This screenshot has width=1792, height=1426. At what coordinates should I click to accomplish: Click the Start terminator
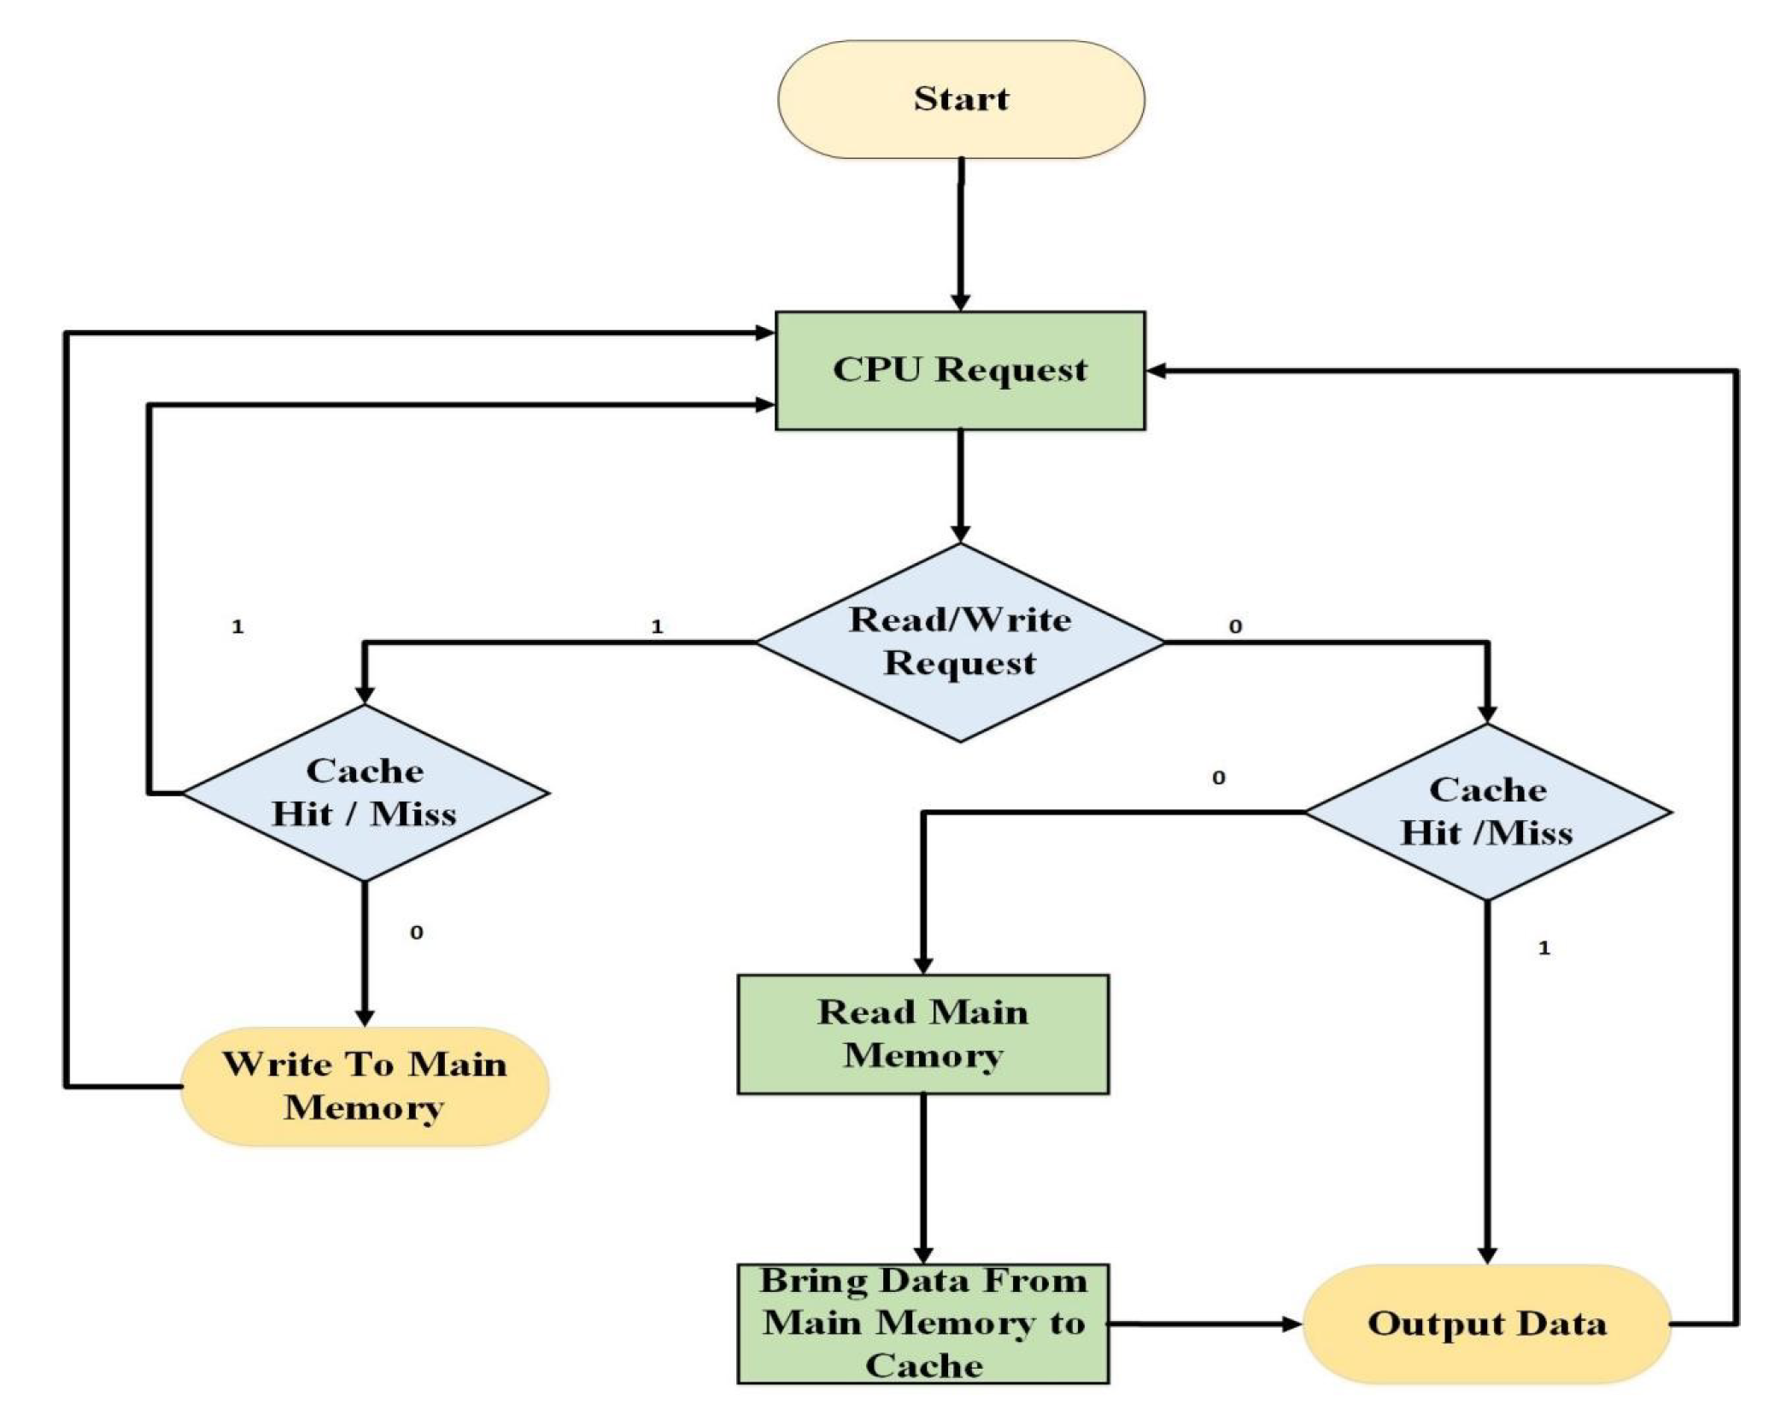(x=960, y=99)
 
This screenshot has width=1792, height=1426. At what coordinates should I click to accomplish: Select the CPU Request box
(x=960, y=370)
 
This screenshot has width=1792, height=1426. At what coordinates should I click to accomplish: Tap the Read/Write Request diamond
(x=960, y=642)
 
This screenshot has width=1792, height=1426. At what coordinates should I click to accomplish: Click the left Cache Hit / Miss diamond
(x=365, y=793)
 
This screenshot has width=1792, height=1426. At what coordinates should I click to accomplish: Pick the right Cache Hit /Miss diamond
(x=1487, y=812)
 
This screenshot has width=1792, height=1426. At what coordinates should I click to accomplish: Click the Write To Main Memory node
(x=365, y=1086)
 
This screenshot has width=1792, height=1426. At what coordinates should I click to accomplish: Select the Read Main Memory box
(x=923, y=1034)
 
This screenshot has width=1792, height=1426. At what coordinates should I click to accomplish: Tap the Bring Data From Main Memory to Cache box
(x=923, y=1323)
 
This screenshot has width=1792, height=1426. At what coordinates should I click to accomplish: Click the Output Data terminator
(x=1487, y=1323)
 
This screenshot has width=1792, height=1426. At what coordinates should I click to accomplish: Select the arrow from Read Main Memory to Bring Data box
(x=923, y=1179)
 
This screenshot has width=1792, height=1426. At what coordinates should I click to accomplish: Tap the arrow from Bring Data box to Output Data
(x=1204, y=1323)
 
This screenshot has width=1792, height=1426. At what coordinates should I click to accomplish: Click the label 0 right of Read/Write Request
(x=1235, y=626)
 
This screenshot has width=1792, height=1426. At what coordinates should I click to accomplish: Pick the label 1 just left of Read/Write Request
(x=657, y=626)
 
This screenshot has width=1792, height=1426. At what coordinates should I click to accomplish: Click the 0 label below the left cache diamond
(x=416, y=932)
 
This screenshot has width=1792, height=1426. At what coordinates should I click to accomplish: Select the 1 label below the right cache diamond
(x=1543, y=948)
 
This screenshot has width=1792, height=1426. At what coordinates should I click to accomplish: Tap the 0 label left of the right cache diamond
(x=1218, y=778)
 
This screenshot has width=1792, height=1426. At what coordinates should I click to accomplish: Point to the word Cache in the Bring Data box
(x=923, y=1365)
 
